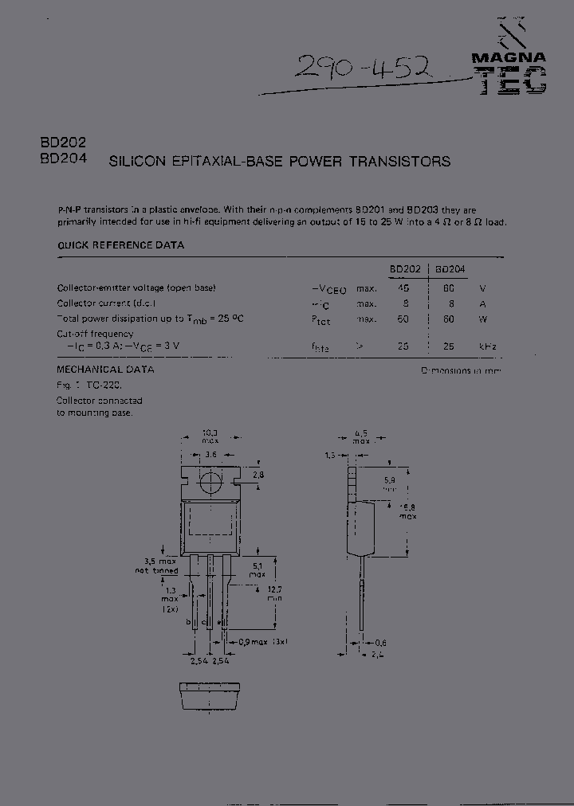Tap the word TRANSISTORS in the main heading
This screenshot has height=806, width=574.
(406, 162)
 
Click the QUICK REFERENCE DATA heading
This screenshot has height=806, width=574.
(120, 245)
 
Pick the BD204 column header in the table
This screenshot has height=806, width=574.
(451, 269)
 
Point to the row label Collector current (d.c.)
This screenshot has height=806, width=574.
(107, 303)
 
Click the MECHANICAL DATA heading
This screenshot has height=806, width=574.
(106, 370)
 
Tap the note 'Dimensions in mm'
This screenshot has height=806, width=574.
(462, 371)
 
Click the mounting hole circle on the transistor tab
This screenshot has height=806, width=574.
(210, 481)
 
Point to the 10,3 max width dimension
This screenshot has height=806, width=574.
(210, 436)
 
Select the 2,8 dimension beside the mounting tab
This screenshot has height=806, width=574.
(258, 475)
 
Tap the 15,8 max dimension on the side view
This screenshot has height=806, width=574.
(407, 511)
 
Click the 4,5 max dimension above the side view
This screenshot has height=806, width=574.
(362, 437)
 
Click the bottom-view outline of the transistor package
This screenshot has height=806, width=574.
(210, 694)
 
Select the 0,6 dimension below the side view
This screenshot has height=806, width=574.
(380, 643)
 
